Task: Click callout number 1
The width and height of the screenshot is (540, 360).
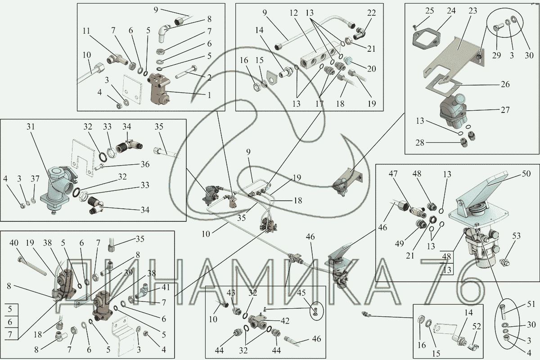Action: pyautogui.click(x=209, y=95)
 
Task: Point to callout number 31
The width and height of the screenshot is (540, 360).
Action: pyautogui.click(x=31, y=127)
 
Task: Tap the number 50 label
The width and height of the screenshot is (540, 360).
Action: pyautogui.click(x=526, y=174)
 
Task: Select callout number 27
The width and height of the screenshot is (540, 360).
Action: pyautogui.click(x=505, y=110)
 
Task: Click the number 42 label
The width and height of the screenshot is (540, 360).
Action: pyautogui.click(x=285, y=321)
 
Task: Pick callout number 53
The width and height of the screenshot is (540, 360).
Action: pyautogui.click(x=517, y=236)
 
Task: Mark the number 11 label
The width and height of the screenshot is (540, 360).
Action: pyautogui.click(x=86, y=31)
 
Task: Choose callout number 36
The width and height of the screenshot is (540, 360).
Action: pyautogui.click(x=145, y=164)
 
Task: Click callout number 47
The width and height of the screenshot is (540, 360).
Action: pyautogui.click(x=393, y=174)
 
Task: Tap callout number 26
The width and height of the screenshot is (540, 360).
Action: pyautogui.click(x=505, y=84)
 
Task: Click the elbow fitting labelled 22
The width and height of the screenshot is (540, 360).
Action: pyautogui.click(x=360, y=33)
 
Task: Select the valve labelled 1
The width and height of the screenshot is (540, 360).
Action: pyautogui.click(x=159, y=89)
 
